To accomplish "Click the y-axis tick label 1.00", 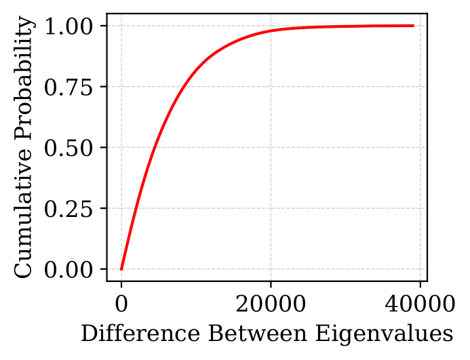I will pyautogui.click(x=71, y=26).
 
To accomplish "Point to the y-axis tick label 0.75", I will pyautogui.click(x=71, y=87).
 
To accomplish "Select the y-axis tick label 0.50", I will pyautogui.click(x=71, y=148).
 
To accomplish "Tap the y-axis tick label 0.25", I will pyautogui.click(x=71, y=209).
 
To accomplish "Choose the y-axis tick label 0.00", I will pyautogui.click(x=71, y=270).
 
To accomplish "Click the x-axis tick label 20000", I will pyautogui.click(x=271, y=301).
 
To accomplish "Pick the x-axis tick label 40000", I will pyautogui.click(x=420, y=301).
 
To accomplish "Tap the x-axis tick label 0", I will pyautogui.click(x=121, y=301).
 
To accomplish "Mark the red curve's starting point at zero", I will pyautogui.click(x=121, y=269).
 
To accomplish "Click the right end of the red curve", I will pyautogui.click(x=413, y=26).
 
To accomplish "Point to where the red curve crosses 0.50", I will pyautogui.click(x=155, y=148).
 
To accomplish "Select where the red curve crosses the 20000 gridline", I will pyautogui.click(x=271, y=31).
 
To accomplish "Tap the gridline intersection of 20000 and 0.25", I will pyautogui.click(x=271, y=209).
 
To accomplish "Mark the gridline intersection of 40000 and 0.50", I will pyautogui.click(x=420, y=148).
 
